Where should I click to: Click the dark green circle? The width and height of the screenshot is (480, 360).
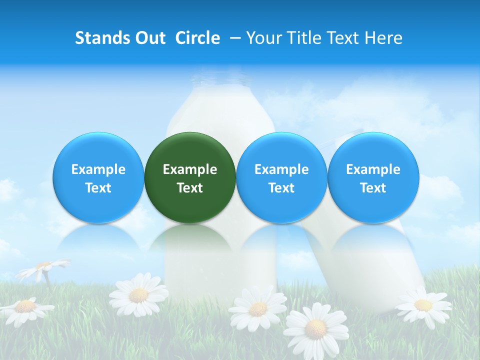coord(190,177)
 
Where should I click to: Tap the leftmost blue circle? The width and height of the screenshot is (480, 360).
coord(98,177)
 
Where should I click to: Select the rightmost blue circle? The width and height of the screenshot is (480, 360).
coord(373,177)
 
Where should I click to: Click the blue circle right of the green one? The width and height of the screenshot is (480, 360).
coord(281,177)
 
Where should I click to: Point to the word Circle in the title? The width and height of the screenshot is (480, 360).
coord(197,38)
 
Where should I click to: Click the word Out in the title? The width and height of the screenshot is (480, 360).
coord(150,38)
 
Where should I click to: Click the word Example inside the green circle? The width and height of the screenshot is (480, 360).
coord(190,169)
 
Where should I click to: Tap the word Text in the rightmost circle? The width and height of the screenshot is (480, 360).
coord(373,188)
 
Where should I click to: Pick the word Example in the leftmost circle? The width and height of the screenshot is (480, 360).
coord(98,169)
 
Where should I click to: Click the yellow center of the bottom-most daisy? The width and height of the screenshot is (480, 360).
coord(315,328)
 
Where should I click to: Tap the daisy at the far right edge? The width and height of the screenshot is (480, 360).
coord(423,304)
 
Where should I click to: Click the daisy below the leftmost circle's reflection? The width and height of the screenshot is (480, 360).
coord(138,295)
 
